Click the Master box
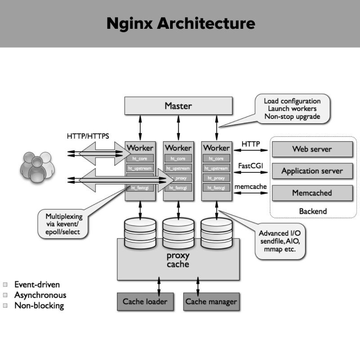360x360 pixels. [178, 106]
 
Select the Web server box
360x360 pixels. [312, 149]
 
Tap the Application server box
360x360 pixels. [312, 171]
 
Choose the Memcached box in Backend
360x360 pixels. [312, 193]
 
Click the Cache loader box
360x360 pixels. [145, 301]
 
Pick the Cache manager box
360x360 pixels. [211, 301]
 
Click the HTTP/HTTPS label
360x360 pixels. [88, 136]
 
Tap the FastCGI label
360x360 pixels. [251, 166]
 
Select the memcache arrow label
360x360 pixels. [251, 186]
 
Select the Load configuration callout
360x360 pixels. [292, 108]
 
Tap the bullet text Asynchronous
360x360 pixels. [40, 295]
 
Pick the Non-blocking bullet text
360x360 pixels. [39, 306]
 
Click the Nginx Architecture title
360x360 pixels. [180, 23]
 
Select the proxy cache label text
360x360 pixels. [178, 260]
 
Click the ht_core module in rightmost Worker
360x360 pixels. [216, 158]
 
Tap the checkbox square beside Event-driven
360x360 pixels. [5, 285]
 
